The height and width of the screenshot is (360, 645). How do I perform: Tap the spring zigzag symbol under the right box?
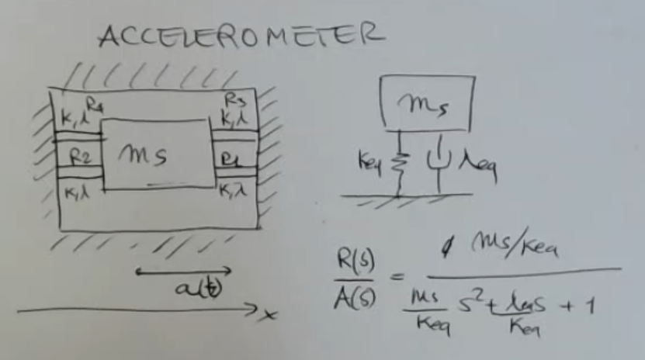tap(399, 163)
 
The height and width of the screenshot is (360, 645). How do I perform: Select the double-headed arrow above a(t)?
tap(184, 272)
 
